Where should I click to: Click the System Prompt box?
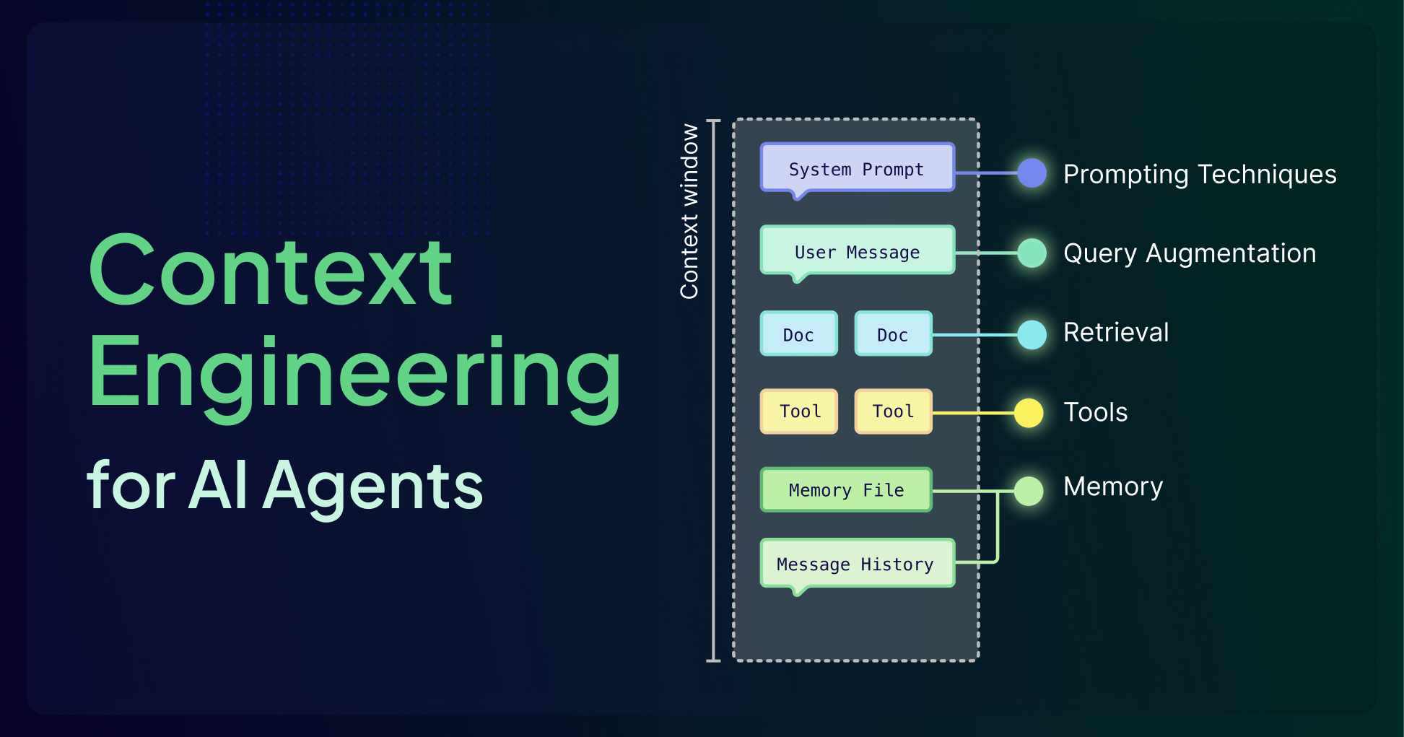coord(857,168)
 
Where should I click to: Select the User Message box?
coord(857,250)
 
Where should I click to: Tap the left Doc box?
coord(798,333)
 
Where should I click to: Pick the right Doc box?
coord(893,333)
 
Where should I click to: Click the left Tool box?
coord(798,411)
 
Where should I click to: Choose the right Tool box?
coord(893,411)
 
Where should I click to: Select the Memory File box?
coord(846,490)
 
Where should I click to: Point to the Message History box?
coord(857,563)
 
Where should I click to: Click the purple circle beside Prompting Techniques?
coord(1032,173)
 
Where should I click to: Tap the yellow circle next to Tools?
coord(1029,413)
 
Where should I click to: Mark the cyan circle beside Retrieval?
coord(1032,335)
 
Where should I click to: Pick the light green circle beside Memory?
coord(1029,492)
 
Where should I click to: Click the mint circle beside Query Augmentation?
coord(1032,253)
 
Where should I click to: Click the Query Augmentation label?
coord(1190,253)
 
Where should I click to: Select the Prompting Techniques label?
coord(1200,175)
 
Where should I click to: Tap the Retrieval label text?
coord(1115,332)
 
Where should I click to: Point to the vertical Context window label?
coord(689,211)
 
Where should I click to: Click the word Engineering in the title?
coord(354,375)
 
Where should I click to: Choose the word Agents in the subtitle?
coord(373,486)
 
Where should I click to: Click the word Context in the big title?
coord(271,273)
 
